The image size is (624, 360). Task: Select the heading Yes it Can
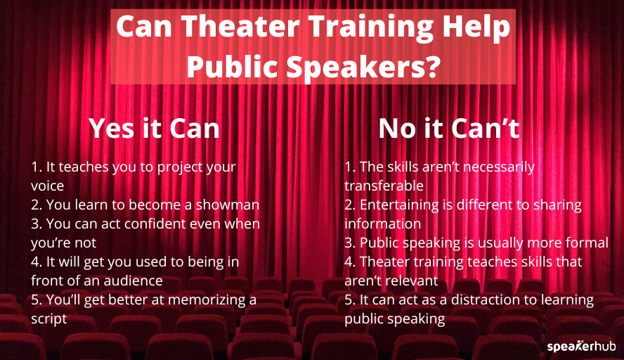coord(154,129)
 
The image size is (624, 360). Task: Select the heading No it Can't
coord(448,129)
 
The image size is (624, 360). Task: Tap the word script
coord(48,319)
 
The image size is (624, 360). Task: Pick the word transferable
coord(384,186)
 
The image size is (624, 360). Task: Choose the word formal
coord(585,243)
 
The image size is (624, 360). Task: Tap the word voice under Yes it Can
coord(48,186)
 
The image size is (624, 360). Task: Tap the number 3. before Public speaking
coord(350,243)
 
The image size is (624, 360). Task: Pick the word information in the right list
coord(382,224)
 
